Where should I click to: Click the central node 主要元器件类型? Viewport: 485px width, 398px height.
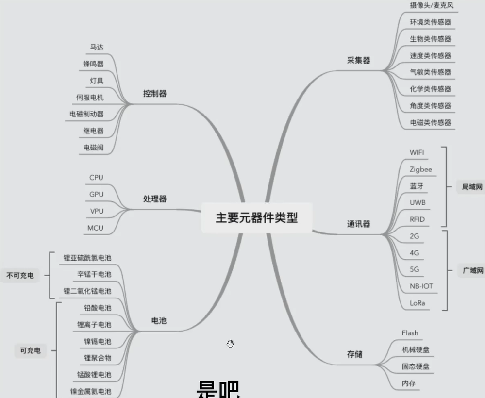(256, 217)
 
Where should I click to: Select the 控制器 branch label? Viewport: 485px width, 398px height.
(155, 93)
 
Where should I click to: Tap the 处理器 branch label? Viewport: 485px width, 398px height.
(155, 199)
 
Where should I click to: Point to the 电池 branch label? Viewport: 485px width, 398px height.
(159, 320)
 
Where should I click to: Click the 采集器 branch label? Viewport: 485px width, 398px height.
(359, 60)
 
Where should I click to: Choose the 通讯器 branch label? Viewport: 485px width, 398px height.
(359, 224)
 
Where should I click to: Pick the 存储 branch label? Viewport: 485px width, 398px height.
(355, 354)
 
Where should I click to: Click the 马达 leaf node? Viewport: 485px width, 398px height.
(97, 47)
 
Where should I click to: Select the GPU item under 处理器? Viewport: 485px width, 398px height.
(96, 194)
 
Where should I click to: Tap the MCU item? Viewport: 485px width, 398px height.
(95, 228)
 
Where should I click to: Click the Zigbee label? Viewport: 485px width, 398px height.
(420, 169)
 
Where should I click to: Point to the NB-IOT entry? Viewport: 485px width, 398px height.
(421, 286)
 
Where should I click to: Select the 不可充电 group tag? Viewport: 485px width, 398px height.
(20, 276)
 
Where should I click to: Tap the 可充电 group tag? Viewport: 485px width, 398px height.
(30, 350)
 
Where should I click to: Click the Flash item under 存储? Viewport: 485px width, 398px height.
(410, 333)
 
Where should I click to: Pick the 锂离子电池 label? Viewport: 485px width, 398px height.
(94, 324)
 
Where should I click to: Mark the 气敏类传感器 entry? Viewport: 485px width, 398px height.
(430, 72)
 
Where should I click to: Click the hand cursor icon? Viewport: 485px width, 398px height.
(230, 344)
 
